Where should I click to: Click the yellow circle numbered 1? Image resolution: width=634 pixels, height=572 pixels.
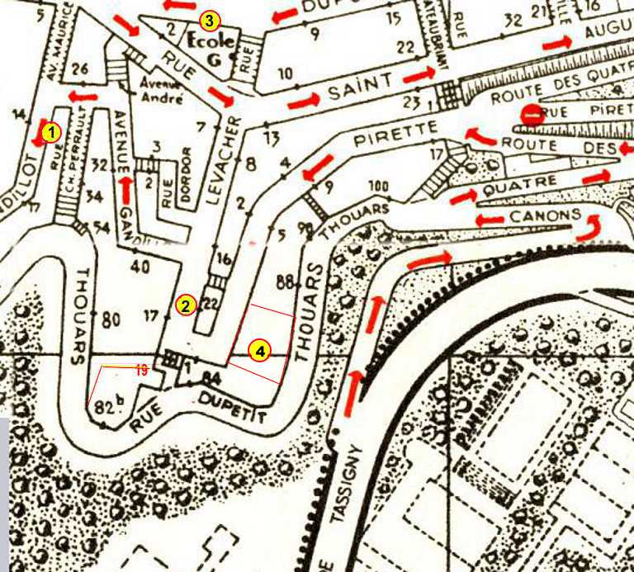click(x=51, y=131)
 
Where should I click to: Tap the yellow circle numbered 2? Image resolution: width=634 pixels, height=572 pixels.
click(x=186, y=305)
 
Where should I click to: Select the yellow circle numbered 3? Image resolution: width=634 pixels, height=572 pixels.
click(x=211, y=19)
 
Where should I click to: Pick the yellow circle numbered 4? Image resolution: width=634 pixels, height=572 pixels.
click(x=259, y=351)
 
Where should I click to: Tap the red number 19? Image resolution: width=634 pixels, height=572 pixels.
click(x=141, y=371)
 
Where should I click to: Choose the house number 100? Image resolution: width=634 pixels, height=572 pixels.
click(x=379, y=185)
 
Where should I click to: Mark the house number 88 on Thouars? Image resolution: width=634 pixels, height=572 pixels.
click(x=286, y=281)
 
